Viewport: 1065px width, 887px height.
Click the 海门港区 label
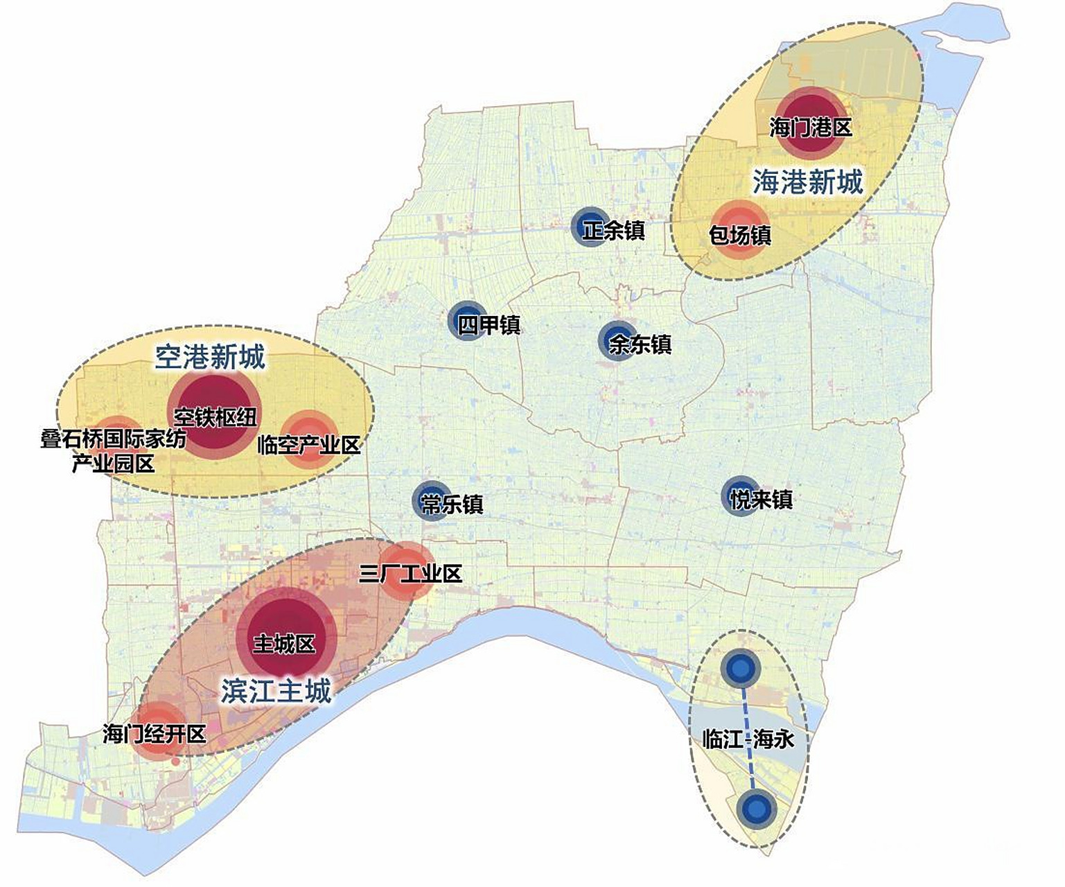point(810,128)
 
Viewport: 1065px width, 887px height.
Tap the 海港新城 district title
point(807,182)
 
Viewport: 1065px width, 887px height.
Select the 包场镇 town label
point(739,235)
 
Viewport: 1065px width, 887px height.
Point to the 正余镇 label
point(613,230)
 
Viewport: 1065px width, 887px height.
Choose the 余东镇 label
point(640,344)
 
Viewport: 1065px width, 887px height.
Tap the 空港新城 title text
point(209,358)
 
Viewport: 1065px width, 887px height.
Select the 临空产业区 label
point(309,444)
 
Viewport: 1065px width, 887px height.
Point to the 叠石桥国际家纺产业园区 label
point(113,450)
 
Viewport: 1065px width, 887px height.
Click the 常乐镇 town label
point(452,504)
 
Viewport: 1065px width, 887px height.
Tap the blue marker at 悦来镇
point(740,495)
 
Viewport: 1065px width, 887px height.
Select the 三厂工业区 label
point(411,574)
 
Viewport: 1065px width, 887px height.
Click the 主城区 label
point(284,643)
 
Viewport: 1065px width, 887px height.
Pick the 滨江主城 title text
point(276,691)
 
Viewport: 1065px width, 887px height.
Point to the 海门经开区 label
point(154,733)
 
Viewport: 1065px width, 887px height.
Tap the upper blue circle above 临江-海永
point(741,669)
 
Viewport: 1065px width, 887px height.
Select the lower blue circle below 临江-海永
point(756,809)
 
